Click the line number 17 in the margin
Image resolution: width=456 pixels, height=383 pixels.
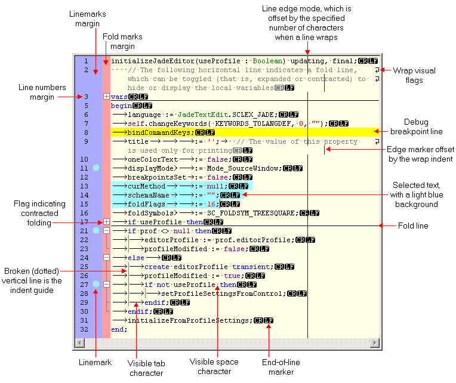86,222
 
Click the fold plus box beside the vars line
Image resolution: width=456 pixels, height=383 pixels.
106,97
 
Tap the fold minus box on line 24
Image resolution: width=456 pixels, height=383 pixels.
106,258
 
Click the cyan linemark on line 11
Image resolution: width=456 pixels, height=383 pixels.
95,168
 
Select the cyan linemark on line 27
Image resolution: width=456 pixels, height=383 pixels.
95,285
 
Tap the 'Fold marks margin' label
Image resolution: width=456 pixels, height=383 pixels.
122,41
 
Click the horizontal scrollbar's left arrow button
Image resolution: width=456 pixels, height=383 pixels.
79,343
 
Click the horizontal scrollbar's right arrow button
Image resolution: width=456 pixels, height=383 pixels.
375,343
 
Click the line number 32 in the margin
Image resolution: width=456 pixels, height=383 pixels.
86,329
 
